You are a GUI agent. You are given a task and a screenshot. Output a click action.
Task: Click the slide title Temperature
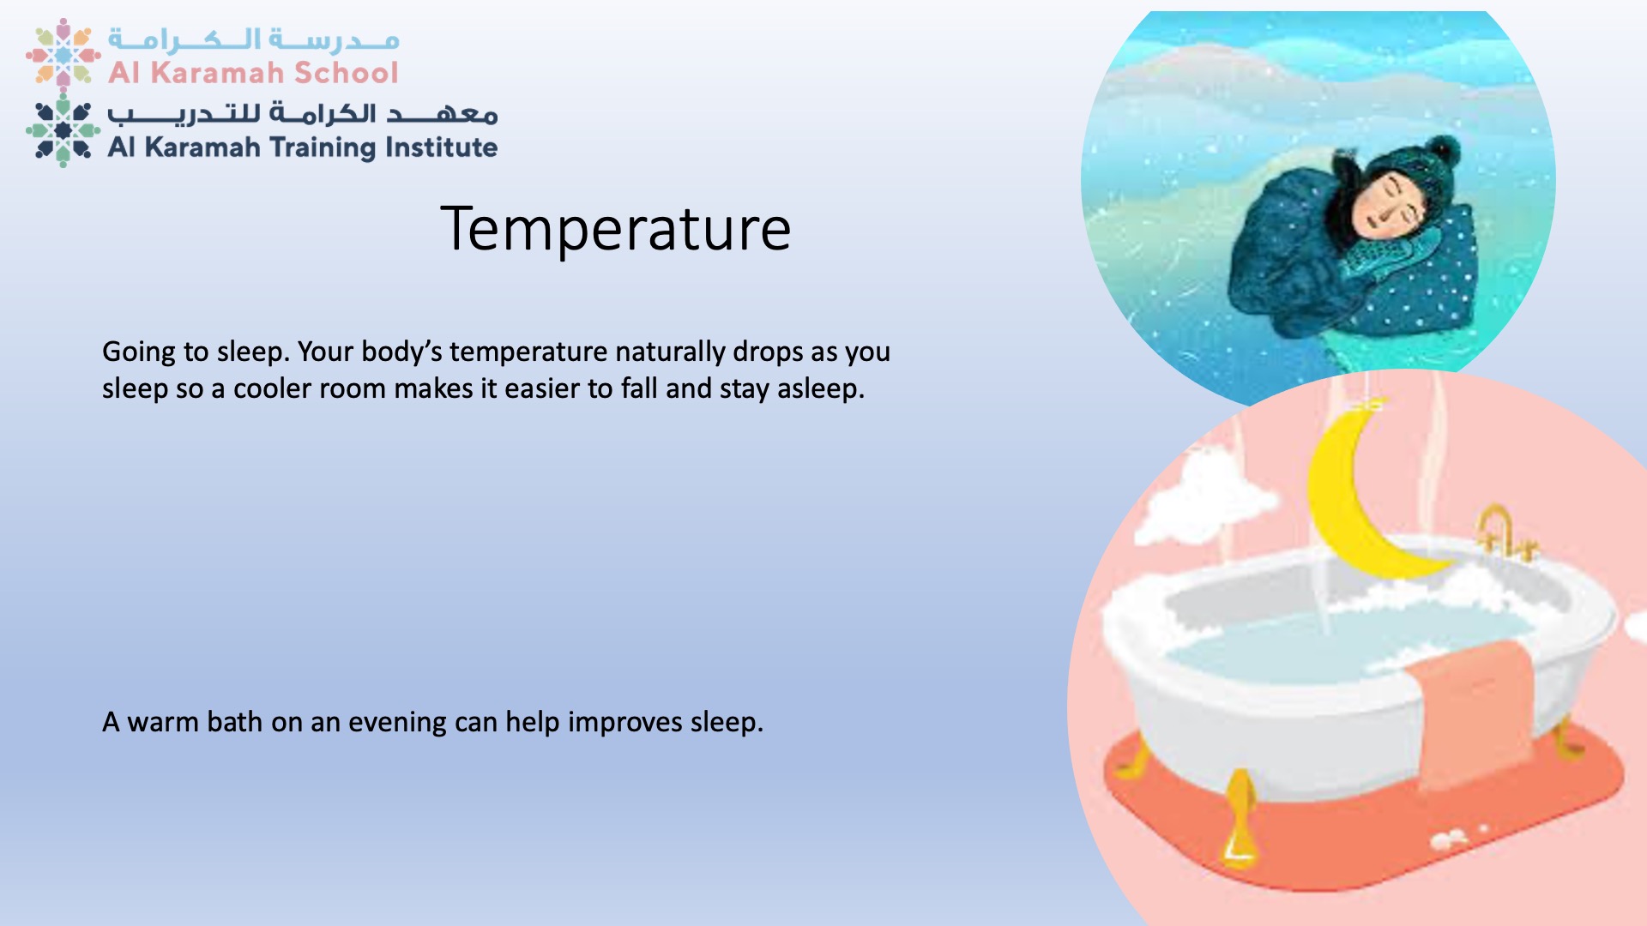(x=615, y=229)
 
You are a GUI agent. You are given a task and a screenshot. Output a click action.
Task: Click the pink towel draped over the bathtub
(x=1471, y=712)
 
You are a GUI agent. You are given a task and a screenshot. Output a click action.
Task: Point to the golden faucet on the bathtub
(x=1501, y=532)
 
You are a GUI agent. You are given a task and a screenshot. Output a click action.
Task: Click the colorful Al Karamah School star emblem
(x=63, y=53)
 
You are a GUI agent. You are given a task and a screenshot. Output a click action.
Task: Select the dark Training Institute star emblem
(x=63, y=130)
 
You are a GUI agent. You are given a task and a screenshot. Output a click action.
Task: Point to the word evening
(x=397, y=723)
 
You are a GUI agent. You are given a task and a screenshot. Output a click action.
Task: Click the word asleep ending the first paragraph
(x=817, y=389)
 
